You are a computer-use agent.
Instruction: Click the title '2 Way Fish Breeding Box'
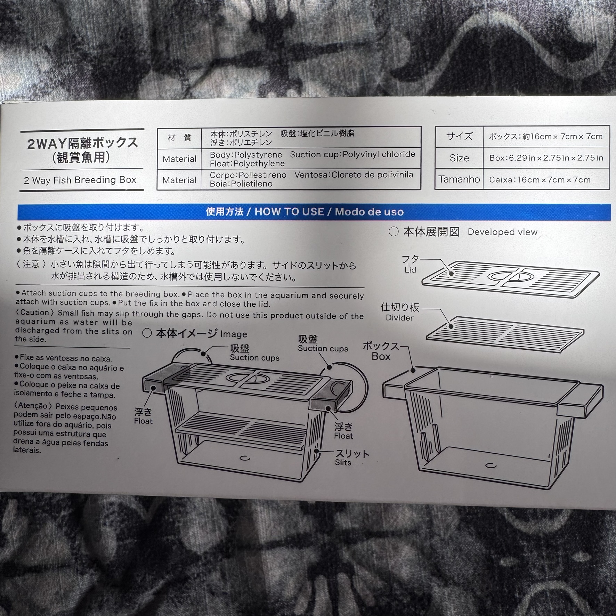point(80,180)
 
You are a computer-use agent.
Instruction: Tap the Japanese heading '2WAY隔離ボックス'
point(83,143)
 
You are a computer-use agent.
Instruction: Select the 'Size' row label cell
point(459,158)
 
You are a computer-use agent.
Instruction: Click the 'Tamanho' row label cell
point(459,179)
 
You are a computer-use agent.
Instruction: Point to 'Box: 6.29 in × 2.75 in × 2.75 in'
point(546,158)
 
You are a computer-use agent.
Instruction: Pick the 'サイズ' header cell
point(459,136)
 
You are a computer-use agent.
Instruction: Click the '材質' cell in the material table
point(179,138)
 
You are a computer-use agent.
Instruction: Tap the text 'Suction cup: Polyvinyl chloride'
point(352,154)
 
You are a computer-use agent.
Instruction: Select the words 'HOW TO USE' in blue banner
point(289,212)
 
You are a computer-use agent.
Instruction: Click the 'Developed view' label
point(502,232)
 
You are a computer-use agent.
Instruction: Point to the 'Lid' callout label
point(410,270)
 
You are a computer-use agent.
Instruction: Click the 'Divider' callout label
point(399,318)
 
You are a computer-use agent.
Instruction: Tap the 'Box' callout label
point(381,357)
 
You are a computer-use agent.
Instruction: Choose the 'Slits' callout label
point(343,463)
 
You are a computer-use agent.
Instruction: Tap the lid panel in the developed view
point(510,279)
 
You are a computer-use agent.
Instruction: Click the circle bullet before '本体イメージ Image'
point(147,333)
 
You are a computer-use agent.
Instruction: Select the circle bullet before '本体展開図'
point(394,232)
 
